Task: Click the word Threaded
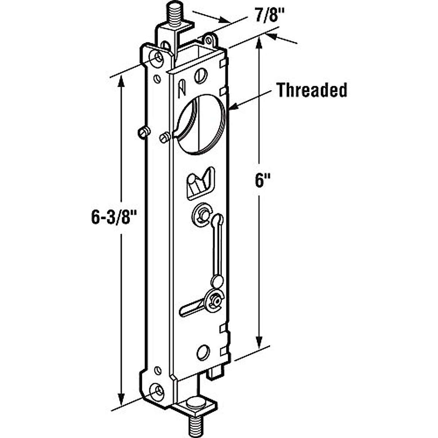point(311,90)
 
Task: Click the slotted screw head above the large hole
point(200,76)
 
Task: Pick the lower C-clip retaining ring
point(214,300)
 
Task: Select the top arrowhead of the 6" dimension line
point(260,43)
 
